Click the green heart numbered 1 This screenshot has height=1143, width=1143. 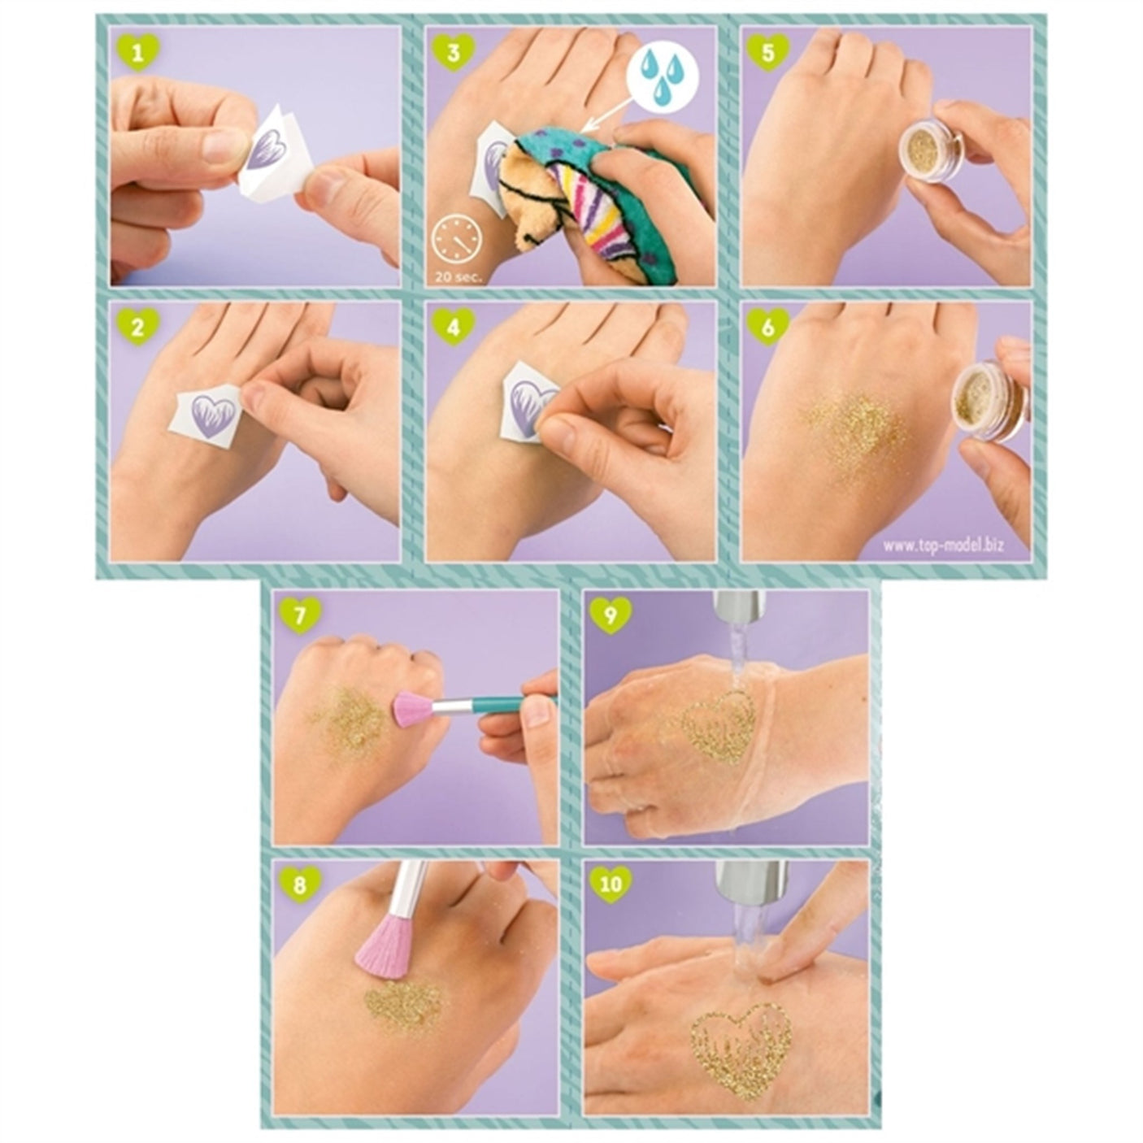point(138,53)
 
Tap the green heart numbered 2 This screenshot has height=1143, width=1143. point(138,328)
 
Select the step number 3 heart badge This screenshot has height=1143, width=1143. point(454,53)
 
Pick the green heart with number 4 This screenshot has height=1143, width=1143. point(454,328)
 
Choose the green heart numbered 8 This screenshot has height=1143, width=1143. point(301,885)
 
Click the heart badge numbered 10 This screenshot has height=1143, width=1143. point(611,885)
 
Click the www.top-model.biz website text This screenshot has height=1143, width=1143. point(943,545)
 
